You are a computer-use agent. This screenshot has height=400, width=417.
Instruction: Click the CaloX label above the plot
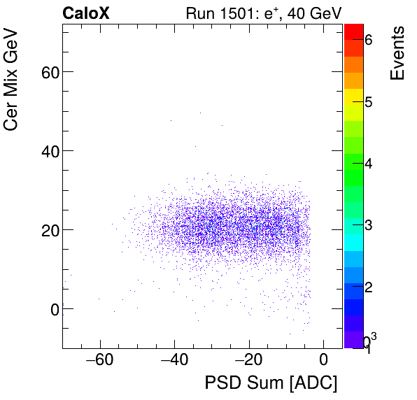[85, 13]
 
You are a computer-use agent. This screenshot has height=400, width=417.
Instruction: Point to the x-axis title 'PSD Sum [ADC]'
[271, 383]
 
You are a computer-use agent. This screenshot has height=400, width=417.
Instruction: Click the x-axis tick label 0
[323, 361]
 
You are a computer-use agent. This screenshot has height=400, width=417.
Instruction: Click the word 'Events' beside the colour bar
[397, 54]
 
